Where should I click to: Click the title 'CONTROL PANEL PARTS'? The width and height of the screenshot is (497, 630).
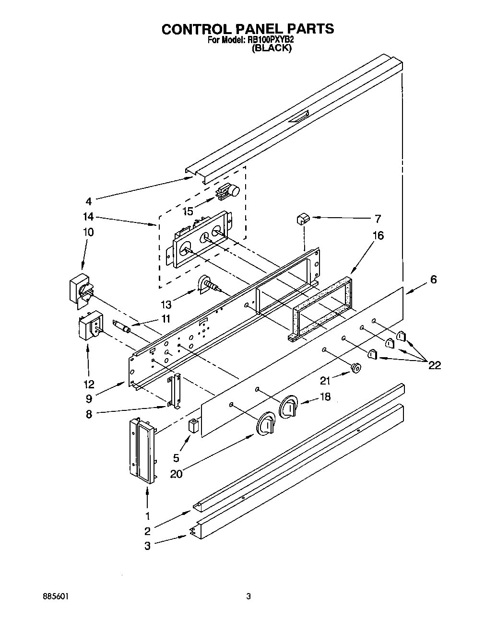pyautogui.click(x=248, y=29)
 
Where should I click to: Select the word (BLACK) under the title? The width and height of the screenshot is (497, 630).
pyautogui.click(x=272, y=48)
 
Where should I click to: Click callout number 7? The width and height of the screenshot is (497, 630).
pyautogui.click(x=378, y=219)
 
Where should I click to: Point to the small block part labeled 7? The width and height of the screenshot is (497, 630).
pyautogui.click(x=303, y=219)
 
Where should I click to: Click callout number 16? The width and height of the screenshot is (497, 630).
pyautogui.click(x=379, y=236)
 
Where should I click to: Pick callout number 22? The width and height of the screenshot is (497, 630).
pyautogui.click(x=434, y=365)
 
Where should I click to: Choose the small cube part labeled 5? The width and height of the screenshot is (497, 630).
pyautogui.click(x=193, y=426)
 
